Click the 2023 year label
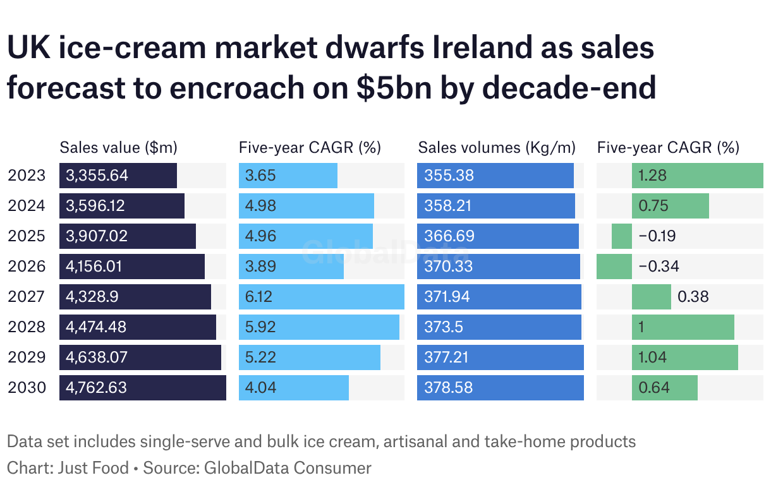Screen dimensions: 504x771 [x=27, y=176]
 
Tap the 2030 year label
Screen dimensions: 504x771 [x=27, y=388]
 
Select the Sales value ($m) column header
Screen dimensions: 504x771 [x=118, y=148]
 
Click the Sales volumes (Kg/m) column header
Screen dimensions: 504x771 [x=497, y=148]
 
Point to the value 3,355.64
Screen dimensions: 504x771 [x=97, y=176]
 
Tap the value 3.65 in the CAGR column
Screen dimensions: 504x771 [x=260, y=176]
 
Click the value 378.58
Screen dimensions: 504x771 [x=448, y=388]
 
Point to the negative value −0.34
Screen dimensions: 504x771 [x=659, y=267]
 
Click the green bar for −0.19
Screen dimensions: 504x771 [x=622, y=236]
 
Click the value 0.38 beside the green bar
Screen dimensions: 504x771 [x=693, y=297]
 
